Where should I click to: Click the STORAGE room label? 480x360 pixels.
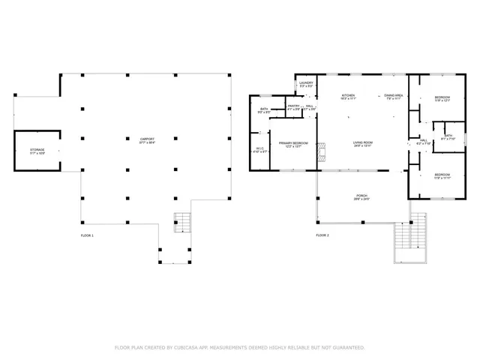coord(37,150)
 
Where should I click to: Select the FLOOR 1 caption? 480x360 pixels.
coord(87,235)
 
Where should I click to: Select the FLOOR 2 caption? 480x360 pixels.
coord(322,235)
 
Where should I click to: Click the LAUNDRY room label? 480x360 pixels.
coord(306,83)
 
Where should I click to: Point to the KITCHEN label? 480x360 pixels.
coord(348,96)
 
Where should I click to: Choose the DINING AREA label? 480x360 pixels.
coord(394,96)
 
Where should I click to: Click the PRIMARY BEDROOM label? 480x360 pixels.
coord(293,142)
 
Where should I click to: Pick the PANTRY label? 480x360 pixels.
coord(294,106)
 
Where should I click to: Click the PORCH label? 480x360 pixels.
coord(361,196)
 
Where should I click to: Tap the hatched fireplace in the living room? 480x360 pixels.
coord(322,152)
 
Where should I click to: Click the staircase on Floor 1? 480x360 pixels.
coord(182,223)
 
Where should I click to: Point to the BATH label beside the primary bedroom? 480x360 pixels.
coord(264,109)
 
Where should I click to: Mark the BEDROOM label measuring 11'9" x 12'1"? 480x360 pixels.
coord(442,97)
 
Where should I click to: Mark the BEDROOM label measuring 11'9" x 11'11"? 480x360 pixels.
coord(441,175)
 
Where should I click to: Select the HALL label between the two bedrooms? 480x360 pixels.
coord(423,140)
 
